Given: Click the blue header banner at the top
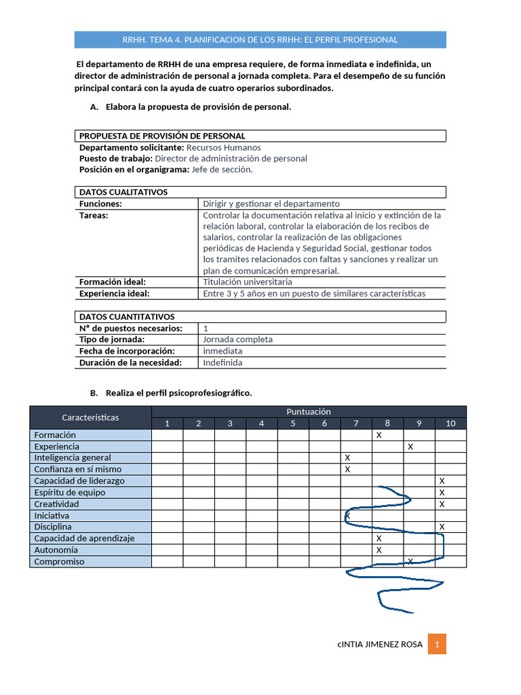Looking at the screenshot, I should tap(260, 39).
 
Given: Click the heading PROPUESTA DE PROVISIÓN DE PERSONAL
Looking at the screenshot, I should tap(162, 136).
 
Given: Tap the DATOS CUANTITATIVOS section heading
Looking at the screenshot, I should tap(127, 316).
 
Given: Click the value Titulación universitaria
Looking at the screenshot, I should tap(248, 282).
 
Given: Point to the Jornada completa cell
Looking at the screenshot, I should tap(237, 339).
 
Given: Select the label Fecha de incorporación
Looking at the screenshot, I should tap(127, 351).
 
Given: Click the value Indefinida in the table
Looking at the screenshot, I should tap(223, 362).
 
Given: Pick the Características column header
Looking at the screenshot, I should tap(90, 417).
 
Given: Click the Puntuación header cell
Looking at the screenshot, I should tap(309, 411).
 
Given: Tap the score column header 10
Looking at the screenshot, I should tap(450, 424).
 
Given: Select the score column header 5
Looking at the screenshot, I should tap(293, 424).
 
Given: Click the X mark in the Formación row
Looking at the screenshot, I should tap(379, 435).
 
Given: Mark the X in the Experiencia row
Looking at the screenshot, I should tap(410, 447).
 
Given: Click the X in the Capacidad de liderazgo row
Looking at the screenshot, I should tap(442, 481).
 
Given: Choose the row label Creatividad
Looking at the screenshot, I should tap(57, 504).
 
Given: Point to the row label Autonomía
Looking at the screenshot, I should tap(56, 550).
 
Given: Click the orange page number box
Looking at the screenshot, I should tap(437, 644).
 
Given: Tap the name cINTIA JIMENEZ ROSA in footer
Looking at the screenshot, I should tap(380, 644).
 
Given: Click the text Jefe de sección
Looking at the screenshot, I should tap(223, 170).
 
